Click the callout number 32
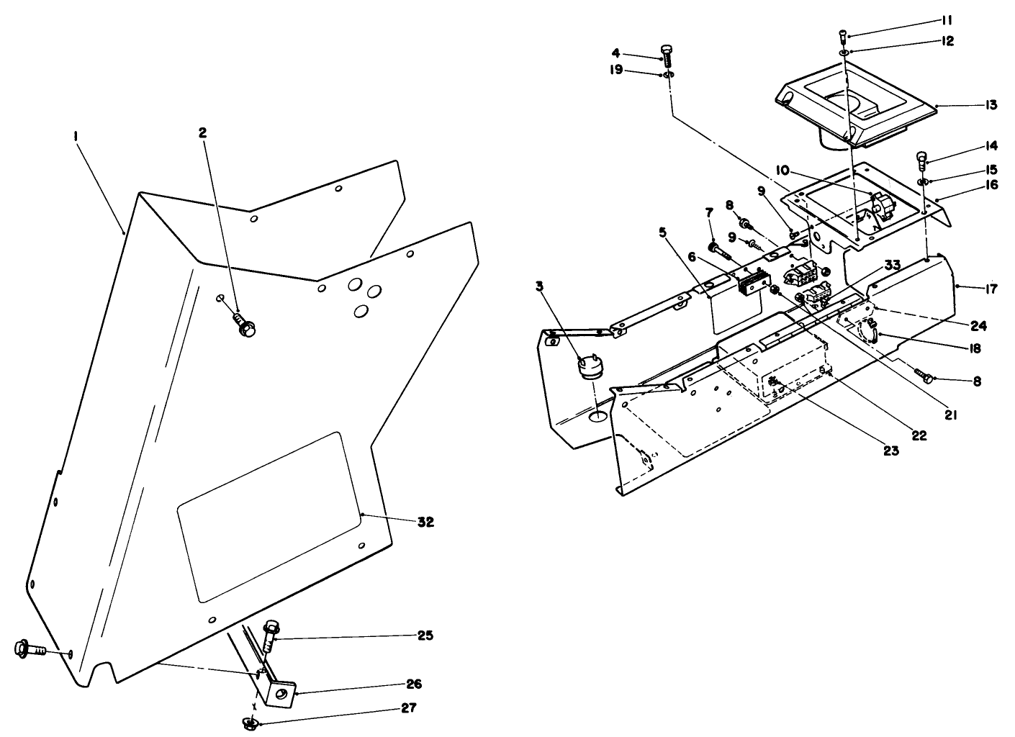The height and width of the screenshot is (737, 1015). (x=425, y=523)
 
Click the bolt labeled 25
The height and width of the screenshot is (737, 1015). (x=271, y=633)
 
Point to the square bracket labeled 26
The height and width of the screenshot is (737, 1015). (x=281, y=694)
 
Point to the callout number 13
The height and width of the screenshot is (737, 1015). (x=991, y=105)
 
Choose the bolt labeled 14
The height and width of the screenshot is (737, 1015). (x=921, y=158)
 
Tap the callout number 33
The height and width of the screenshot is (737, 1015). (x=891, y=264)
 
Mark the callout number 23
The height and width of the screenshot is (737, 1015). (x=891, y=451)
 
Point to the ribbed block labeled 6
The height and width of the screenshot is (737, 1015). (x=749, y=284)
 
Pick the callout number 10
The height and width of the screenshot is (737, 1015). (x=782, y=170)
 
